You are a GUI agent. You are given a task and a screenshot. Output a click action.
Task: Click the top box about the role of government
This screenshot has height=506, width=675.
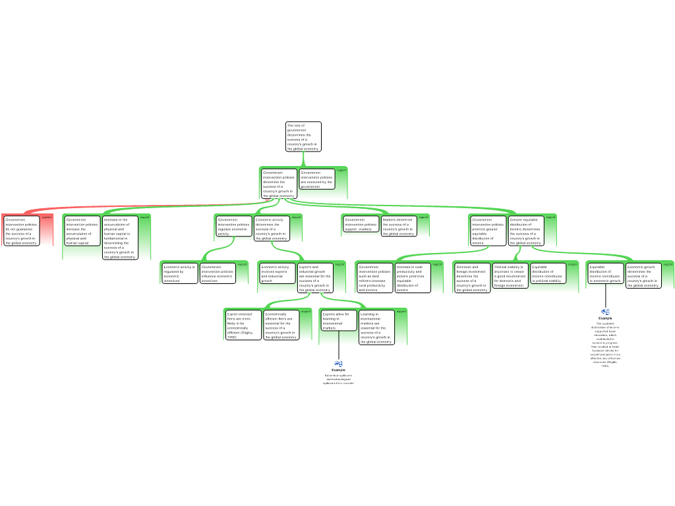click(303, 136)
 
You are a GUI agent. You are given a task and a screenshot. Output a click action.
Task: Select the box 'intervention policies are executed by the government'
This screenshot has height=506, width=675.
click(317, 179)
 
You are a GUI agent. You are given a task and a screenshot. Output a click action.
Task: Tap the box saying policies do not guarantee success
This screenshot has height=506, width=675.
click(21, 231)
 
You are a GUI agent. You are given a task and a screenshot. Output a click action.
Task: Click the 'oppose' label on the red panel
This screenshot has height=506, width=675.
click(46, 217)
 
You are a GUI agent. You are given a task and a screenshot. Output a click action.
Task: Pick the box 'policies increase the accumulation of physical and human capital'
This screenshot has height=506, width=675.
click(82, 231)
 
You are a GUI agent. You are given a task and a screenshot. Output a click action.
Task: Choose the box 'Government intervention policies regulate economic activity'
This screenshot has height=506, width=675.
click(234, 227)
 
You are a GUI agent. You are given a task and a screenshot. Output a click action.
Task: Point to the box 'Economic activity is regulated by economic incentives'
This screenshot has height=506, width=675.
click(180, 273)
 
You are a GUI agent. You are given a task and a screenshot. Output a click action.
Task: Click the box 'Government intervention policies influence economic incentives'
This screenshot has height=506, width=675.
click(218, 273)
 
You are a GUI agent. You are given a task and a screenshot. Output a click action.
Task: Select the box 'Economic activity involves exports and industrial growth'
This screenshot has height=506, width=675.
click(278, 273)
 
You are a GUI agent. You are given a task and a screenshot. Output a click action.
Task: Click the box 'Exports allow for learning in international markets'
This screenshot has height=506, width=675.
click(339, 320)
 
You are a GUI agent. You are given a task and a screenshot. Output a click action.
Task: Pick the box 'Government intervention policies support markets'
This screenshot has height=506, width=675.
click(361, 225)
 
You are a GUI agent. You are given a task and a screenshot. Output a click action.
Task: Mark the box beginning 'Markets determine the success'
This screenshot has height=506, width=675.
click(399, 227)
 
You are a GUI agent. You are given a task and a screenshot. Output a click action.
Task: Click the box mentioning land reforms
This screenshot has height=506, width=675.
click(374, 278)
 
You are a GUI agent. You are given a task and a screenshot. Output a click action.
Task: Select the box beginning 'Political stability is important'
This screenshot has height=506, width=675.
click(510, 276)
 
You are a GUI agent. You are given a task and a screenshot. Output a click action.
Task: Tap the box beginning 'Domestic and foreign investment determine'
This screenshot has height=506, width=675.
click(472, 278)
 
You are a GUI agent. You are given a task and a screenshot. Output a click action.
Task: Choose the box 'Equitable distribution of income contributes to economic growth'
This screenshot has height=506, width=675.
click(606, 274)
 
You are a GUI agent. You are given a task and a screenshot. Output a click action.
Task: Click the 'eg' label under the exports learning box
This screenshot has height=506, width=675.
click(339, 363)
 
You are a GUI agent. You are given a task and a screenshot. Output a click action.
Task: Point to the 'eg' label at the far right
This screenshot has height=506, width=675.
click(606, 311)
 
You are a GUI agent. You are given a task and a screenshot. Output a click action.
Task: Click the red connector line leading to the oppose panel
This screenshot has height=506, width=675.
click(132, 207)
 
